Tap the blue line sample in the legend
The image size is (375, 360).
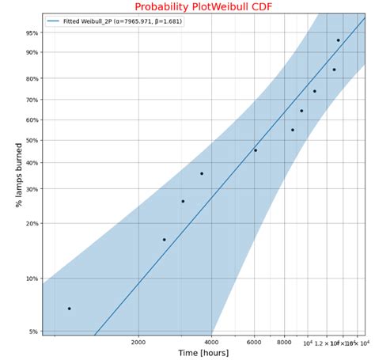coord(53,21)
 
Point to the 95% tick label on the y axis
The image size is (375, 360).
coord(32,33)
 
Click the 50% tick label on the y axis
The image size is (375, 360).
coord(32,141)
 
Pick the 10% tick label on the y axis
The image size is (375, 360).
coord(32,279)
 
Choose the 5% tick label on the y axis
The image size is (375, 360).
coord(33,332)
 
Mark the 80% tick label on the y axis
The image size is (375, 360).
coord(32,78)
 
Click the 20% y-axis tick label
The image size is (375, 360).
coord(32,224)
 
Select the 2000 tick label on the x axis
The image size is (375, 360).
coord(138,343)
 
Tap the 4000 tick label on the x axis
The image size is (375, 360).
coord(211,343)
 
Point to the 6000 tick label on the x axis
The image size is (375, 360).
coord(255,343)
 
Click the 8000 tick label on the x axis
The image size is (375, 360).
coord(285,343)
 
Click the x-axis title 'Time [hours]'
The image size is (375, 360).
coord(205,353)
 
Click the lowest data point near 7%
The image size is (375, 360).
coord(69,309)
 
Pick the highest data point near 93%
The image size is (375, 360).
coord(339,40)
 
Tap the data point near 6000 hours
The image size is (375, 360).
coord(255,150)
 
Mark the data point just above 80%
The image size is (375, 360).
coord(334,70)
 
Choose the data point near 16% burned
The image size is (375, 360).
coord(165,240)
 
